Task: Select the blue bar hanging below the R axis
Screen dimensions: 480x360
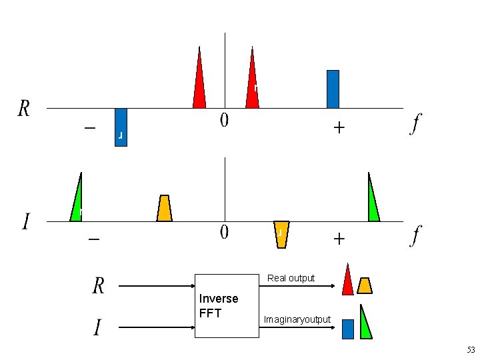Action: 121,127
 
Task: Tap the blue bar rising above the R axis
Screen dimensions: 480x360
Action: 333,89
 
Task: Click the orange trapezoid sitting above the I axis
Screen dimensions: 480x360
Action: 164,209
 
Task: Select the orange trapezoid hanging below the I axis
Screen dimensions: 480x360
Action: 281,233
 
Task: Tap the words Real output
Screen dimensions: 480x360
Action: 291,278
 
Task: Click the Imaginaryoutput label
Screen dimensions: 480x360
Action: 297,320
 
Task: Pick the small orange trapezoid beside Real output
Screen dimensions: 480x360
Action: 364,285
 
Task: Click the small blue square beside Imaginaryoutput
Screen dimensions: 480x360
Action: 347,329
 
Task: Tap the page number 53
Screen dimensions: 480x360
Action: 471,349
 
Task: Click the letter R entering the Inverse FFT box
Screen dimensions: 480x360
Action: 98,286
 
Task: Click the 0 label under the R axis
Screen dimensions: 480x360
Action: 225,121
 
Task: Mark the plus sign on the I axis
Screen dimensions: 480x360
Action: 339,239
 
